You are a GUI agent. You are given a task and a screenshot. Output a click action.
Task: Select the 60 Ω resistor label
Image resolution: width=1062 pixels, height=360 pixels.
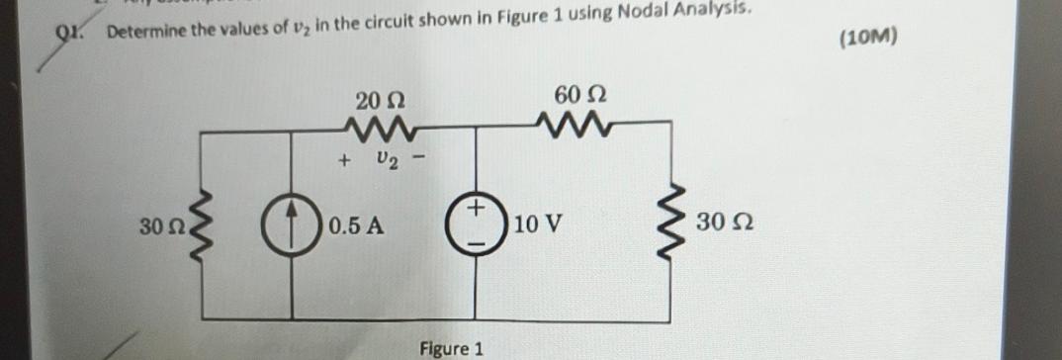click(x=579, y=96)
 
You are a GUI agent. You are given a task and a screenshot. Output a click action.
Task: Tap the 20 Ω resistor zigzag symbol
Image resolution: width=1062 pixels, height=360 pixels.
click(x=381, y=127)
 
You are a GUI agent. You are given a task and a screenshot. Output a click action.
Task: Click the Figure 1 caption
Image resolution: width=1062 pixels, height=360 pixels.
click(x=451, y=348)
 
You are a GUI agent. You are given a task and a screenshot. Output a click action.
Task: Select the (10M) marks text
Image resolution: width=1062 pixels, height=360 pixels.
click(x=866, y=40)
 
